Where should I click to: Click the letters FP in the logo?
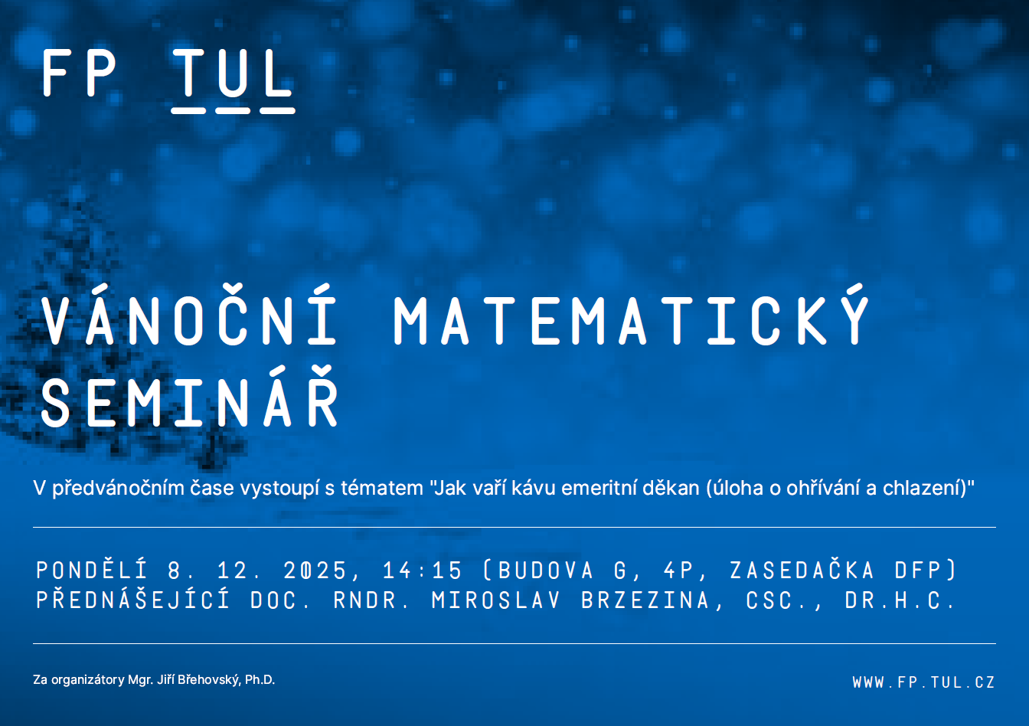pyautogui.click(x=79, y=73)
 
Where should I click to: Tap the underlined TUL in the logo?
pyautogui.click(x=233, y=81)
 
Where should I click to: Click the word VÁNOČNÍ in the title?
pyautogui.click(x=189, y=316)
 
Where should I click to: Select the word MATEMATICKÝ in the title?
pyautogui.click(x=632, y=316)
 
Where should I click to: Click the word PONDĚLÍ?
pyautogui.click(x=92, y=571)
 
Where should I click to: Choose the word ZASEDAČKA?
pyautogui.click(x=802, y=571)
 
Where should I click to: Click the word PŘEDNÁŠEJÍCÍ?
pyautogui.click(x=133, y=600)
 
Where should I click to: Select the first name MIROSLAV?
pyautogui.click(x=495, y=600)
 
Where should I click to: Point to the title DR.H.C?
pyautogui.click(x=900, y=600)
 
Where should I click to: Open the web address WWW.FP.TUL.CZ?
pyautogui.click(x=924, y=682)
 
